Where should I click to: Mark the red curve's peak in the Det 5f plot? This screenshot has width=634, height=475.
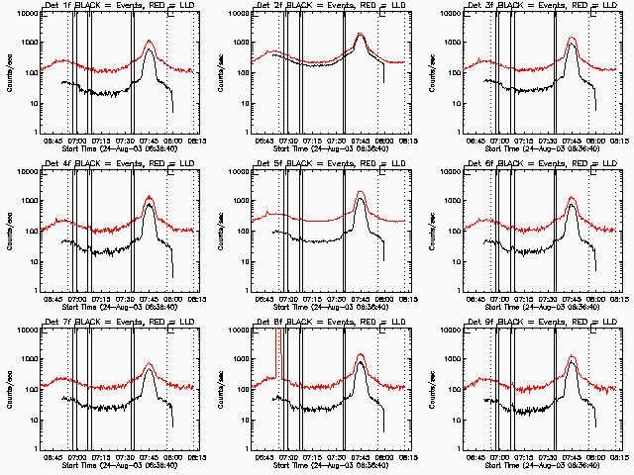(361, 191)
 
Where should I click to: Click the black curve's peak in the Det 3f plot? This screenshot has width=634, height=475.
(572, 44)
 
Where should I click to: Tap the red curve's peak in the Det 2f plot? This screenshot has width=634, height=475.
(361, 35)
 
